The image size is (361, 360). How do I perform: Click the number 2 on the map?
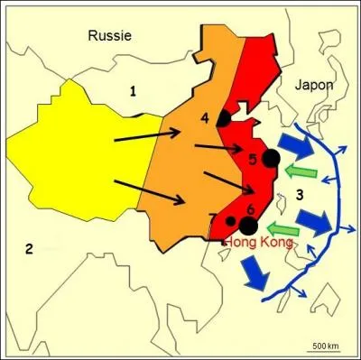click(x=29, y=249)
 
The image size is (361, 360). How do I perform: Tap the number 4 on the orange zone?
click(x=205, y=117)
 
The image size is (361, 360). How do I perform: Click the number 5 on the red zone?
click(x=254, y=160)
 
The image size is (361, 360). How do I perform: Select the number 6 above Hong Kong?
click(x=251, y=211)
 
